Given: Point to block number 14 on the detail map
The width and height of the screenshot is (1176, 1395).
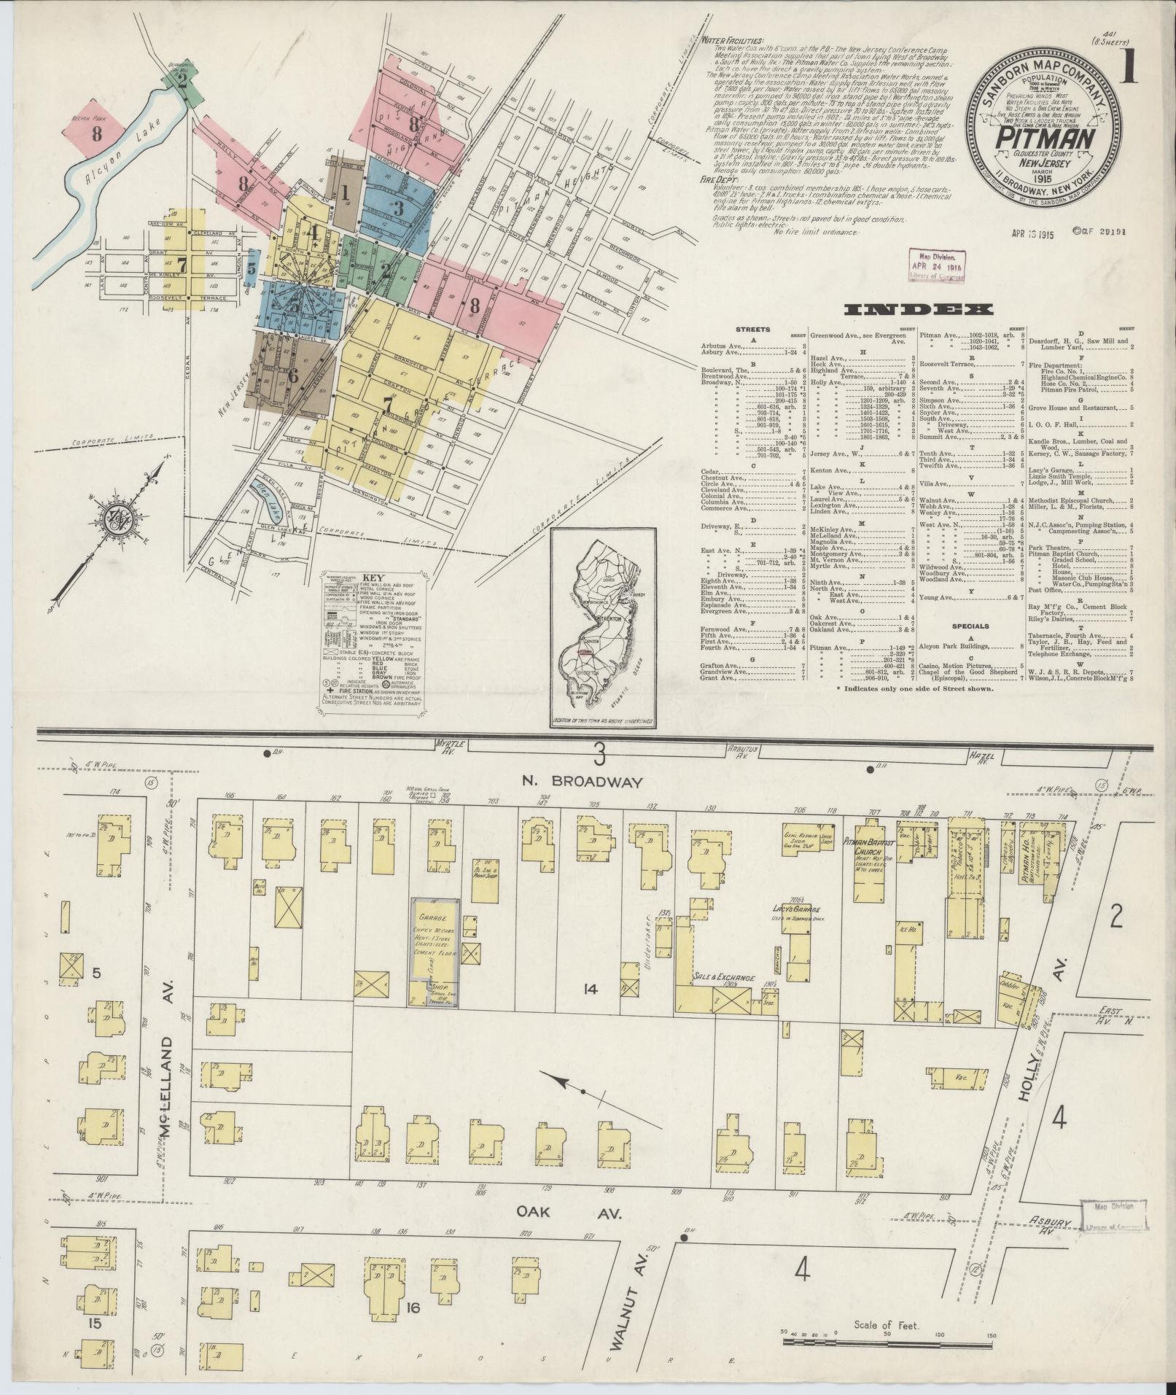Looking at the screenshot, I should coord(590,990).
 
